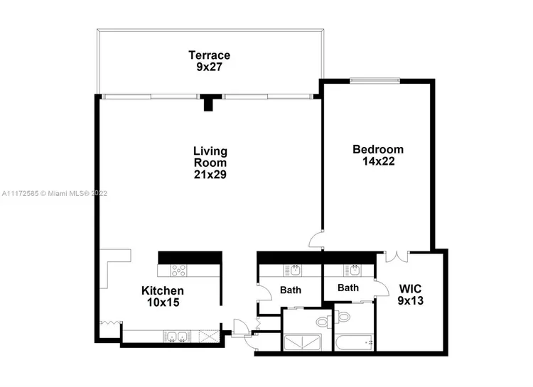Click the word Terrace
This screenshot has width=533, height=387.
(210, 55)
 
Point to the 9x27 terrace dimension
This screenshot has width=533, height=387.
(210, 67)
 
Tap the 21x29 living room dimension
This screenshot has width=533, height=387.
(210, 174)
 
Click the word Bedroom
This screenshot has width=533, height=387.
(378, 149)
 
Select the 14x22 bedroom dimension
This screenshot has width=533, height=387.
(378, 161)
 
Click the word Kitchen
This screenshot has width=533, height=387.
(163, 290)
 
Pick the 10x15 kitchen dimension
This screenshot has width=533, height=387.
(163, 302)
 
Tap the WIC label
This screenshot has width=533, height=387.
(410, 289)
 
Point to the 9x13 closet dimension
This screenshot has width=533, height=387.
(411, 300)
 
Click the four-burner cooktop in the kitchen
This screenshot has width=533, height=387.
(179, 271)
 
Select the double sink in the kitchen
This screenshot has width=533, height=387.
(177, 337)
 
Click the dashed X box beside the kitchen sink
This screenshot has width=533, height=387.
(208, 337)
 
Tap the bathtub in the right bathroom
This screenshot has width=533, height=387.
(354, 343)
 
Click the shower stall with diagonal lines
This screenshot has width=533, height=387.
(302, 342)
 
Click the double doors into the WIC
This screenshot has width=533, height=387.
(397, 256)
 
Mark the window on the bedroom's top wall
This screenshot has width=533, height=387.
(375, 80)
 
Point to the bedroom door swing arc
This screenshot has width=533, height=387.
(315, 239)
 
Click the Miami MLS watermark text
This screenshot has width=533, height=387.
(55, 193)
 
